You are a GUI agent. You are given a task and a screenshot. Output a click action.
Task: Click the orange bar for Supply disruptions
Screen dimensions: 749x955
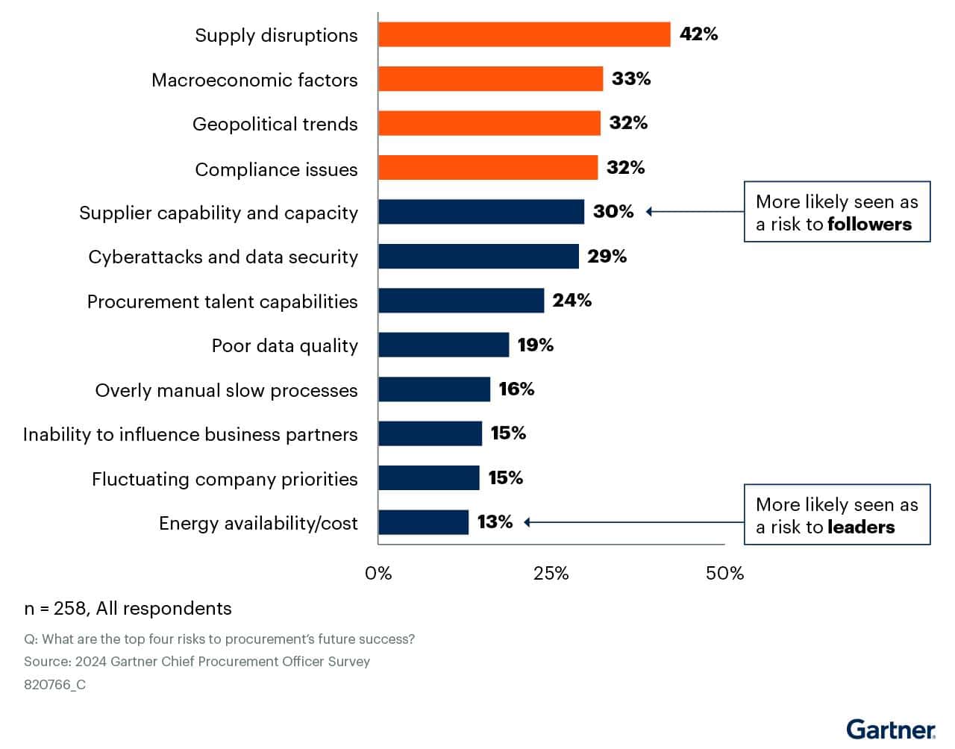524,34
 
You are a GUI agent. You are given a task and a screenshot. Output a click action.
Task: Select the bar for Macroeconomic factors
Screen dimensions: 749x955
490,78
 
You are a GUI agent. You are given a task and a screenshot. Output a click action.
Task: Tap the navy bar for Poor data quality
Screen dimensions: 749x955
443,345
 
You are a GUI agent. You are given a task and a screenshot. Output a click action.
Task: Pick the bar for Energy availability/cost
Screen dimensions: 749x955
423,522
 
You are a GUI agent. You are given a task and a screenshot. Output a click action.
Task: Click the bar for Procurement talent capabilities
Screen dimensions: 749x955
460,301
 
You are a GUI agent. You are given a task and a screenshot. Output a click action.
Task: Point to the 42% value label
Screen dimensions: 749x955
698,34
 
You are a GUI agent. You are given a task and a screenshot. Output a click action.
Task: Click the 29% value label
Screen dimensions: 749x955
607,256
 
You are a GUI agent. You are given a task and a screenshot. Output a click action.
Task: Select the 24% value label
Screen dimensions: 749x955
572,300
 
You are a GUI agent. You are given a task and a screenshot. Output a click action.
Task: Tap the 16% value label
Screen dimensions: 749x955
516,389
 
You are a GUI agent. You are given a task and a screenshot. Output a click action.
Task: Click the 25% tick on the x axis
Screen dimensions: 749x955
551,573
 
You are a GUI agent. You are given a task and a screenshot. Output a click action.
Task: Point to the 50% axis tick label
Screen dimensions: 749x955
724,573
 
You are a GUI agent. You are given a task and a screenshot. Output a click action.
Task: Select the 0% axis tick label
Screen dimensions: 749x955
378,573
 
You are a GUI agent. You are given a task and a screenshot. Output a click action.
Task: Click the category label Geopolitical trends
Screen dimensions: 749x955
275,124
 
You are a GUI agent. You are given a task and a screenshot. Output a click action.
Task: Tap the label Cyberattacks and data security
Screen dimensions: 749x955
222,257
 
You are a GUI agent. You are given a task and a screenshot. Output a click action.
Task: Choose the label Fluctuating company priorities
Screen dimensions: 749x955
225,479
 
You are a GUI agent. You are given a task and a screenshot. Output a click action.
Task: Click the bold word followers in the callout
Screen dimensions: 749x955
869,224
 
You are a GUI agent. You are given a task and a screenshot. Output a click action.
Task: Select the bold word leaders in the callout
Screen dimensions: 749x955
861,527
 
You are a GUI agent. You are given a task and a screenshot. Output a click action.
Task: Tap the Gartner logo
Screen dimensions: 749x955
890,729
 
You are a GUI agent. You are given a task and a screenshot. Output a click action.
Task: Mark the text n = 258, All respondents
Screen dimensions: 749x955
128,608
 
